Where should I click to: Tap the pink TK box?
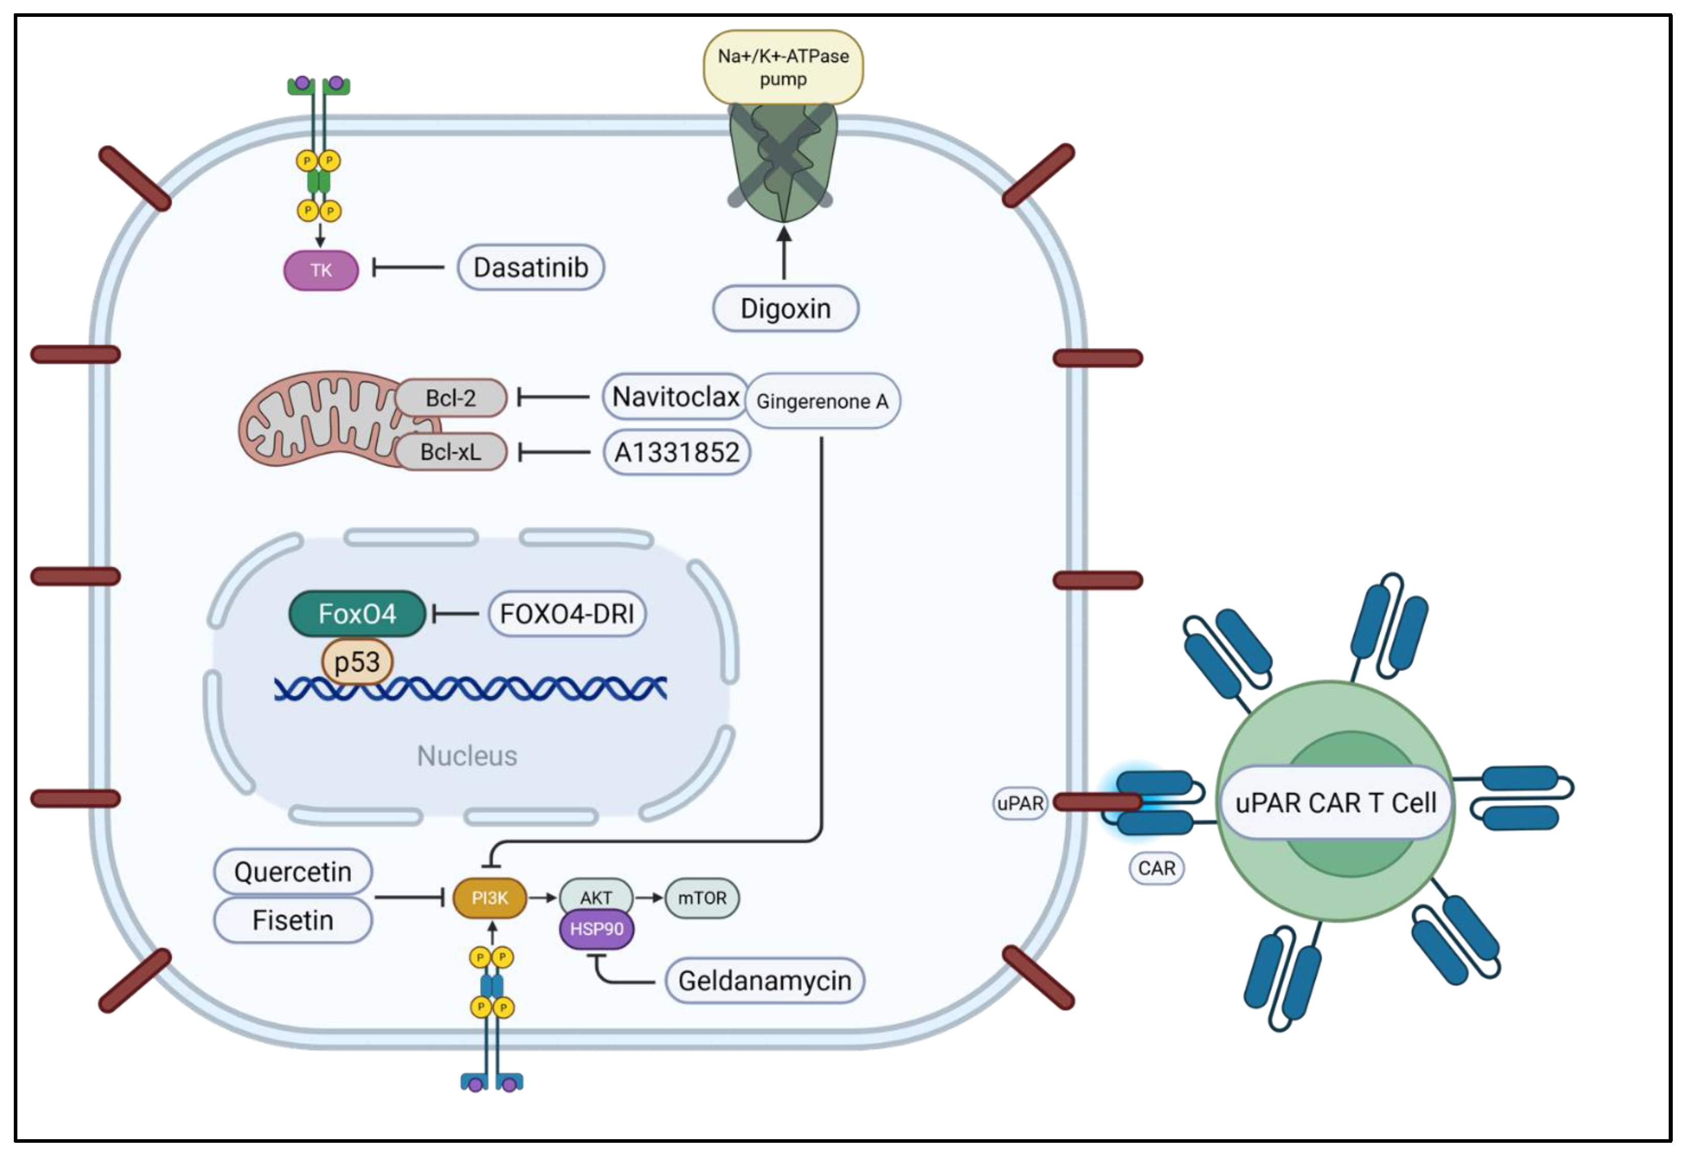pyautogui.click(x=321, y=270)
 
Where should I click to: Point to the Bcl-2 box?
pyautogui.click(x=450, y=398)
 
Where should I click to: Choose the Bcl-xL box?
pyautogui.click(x=450, y=452)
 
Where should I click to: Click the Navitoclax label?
pyautogui.click(x=675, y=397)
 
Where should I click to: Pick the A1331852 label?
pyautogui.click(x=677, y=453)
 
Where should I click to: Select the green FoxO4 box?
pyautogui.click(x=357, y=614)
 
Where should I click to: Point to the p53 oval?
pyautogui.click(x=357, y=662)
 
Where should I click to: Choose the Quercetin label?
pyautogui.click(x=293, y=872)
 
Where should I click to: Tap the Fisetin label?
pyautogui.click(x=293, y=920)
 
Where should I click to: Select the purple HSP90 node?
pyautogui.click(x=597, y=929)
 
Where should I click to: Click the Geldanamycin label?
pyautogui.click(x=765, y=981)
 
